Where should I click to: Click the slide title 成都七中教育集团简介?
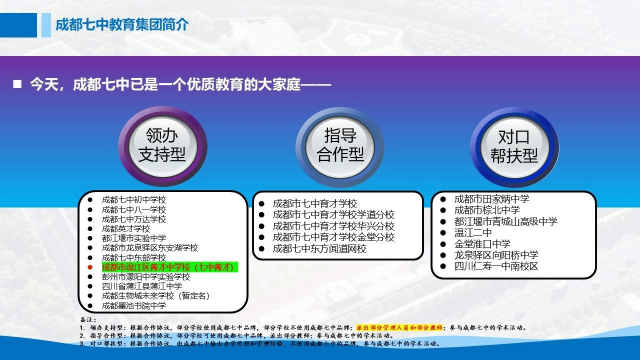point(122,24)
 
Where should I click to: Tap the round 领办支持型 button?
point(162,146)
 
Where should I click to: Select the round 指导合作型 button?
point(339,147)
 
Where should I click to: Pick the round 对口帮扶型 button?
point(514,147)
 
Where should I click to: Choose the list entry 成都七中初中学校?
point(133,199)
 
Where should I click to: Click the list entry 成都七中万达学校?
point(133,219)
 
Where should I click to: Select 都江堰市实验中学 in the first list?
point(133,238)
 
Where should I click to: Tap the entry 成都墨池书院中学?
point(133,305)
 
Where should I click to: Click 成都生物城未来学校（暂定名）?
point(155,295)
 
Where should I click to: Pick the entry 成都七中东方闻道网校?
point(319,248)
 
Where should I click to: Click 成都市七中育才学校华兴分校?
point(333,226)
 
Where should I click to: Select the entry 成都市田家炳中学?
point(491,199)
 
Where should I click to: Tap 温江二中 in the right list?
point(473,232)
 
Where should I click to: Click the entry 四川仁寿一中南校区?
point(496,266)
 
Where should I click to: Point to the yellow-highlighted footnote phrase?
point(399,327)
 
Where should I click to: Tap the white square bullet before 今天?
point(17,84)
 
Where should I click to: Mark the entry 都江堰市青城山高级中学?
point(505,221)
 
